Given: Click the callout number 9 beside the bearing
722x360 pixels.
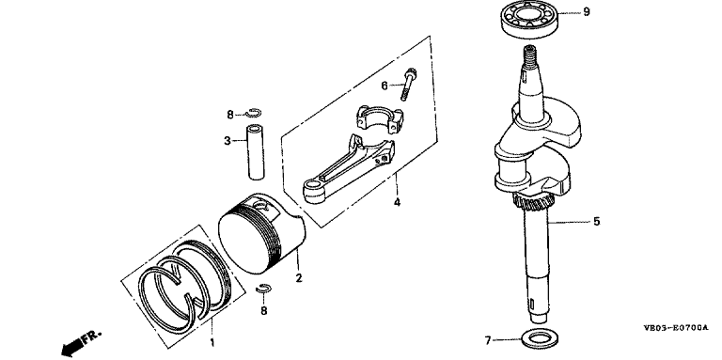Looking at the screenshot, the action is point(587,12).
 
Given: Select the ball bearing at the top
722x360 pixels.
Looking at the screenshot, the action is point(529,21).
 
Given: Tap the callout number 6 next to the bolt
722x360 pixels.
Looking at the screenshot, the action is point(385,86).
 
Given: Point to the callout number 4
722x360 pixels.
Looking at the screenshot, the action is point(397,202).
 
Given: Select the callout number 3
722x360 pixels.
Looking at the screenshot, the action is point(228,140).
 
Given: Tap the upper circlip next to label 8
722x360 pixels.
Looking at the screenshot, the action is point(254,113).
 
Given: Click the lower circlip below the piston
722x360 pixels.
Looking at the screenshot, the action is point(264,289).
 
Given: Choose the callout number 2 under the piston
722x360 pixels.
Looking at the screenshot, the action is point(299,278).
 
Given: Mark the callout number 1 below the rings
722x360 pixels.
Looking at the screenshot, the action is point(212,342).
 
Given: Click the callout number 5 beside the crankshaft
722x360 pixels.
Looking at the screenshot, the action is point(597,222).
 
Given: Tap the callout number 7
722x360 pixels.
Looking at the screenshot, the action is point(488,340).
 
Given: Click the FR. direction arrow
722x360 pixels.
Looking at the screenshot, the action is point(80,343).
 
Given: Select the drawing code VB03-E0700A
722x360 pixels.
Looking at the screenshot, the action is point(676,328).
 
